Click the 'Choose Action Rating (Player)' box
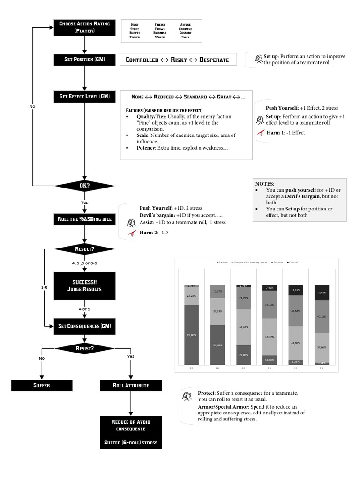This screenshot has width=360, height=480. pos(84,27)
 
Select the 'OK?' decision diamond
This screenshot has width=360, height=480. pos(84,186)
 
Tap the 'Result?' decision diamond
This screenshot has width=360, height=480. pos(84,249)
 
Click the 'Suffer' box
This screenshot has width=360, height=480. pos(42,385)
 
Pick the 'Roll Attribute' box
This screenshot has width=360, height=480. pos(131,385)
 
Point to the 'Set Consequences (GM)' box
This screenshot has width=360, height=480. pos(84,326)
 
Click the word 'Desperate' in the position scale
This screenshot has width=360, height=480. pos(214,60)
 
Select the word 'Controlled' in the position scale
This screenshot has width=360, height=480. pos(142,60)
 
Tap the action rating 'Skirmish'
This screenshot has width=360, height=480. pos(160,33)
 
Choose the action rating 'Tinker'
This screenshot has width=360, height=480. pos(135,37)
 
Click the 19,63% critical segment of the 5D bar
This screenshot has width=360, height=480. pos(322,292)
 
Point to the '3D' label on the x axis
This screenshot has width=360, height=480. pos(269,368)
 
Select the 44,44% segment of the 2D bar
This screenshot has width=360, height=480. pos(243,326)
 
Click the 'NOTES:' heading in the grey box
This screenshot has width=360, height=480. pos(265,184)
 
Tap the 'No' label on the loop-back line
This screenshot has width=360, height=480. pos(32,106)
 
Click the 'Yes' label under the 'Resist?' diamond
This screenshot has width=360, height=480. pos(131,356)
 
